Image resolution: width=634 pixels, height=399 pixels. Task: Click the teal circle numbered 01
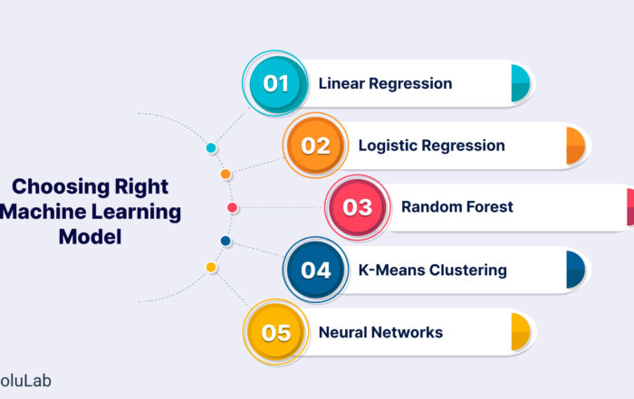click(275, 84)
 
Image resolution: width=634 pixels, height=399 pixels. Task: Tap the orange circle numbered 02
click(315, 146)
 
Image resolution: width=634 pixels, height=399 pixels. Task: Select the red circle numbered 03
click(357, 207)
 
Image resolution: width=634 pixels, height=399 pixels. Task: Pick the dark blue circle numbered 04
click(315, 270)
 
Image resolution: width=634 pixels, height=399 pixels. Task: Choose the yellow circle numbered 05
click(275, 332)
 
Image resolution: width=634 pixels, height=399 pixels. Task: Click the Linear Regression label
click(385, 84)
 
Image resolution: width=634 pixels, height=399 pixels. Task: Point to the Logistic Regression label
click(431, 146)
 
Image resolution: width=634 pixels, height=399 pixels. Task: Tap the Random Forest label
click(456, 207)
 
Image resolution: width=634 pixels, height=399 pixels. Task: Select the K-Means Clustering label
click(432, 270)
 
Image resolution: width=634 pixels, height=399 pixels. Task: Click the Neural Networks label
click(380, 332)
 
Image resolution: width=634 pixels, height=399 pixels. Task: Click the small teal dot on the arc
click(211, 147)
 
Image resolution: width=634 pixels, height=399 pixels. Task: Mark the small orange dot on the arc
click(226, 174)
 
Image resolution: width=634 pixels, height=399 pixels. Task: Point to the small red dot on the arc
click(232, 208)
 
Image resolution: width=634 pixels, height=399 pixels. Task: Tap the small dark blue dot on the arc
click(226, 242)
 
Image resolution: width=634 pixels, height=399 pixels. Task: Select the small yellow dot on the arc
click(211, 268)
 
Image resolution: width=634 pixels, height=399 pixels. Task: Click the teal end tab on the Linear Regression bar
click(520, 83)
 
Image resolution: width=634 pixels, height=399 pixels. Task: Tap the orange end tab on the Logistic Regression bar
click(575, 146)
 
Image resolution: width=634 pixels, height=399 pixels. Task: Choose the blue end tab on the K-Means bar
click(575, 270)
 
